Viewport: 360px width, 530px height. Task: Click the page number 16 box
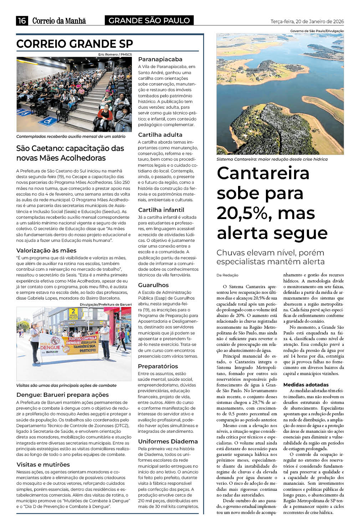22,21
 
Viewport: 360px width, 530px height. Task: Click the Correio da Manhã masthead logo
59,21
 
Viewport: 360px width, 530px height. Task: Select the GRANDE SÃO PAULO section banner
149,21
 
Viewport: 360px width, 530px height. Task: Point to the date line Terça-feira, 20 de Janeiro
307,21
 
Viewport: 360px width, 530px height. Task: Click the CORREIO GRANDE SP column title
74,44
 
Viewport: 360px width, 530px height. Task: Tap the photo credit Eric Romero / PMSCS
115,54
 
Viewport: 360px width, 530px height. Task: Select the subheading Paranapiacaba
160,59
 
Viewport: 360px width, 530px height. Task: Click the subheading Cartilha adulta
160,135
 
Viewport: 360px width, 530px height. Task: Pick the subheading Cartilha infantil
161,210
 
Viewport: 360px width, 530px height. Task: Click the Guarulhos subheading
153,285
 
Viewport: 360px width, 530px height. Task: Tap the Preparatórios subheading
158,366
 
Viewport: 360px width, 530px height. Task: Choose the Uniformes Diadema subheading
168,441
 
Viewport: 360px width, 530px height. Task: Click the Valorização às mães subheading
46,250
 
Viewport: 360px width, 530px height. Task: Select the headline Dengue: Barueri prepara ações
62,395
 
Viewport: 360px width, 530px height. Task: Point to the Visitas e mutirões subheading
43,464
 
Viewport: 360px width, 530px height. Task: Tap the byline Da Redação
227,275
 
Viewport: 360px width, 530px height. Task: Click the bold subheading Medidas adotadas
306,385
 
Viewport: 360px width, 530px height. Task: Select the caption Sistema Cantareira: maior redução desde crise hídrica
272,159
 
